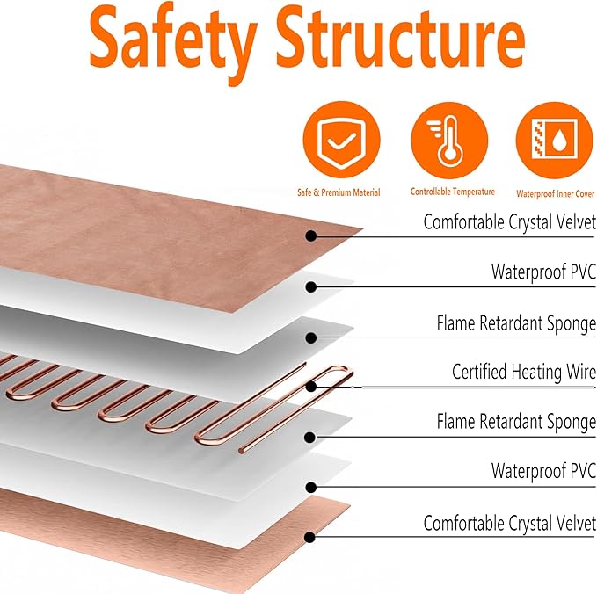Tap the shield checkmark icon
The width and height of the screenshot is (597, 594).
pos(342,142)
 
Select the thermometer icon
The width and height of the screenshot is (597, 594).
pos(449,142)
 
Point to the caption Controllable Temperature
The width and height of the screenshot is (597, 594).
pos(452,192)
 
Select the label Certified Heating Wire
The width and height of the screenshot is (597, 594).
pos(523,373)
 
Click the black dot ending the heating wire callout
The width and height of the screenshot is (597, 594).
pos(311,385)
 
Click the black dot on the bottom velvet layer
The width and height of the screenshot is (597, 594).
pos(311,535)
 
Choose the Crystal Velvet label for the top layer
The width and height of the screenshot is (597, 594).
pos(509,222)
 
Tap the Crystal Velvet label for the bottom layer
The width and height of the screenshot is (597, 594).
pos(509,524)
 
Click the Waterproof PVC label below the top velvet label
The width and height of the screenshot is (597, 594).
pos(543,272)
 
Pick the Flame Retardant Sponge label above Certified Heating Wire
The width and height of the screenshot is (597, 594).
pos(516,323)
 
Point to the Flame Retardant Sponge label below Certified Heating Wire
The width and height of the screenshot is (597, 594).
pos(516,423)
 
